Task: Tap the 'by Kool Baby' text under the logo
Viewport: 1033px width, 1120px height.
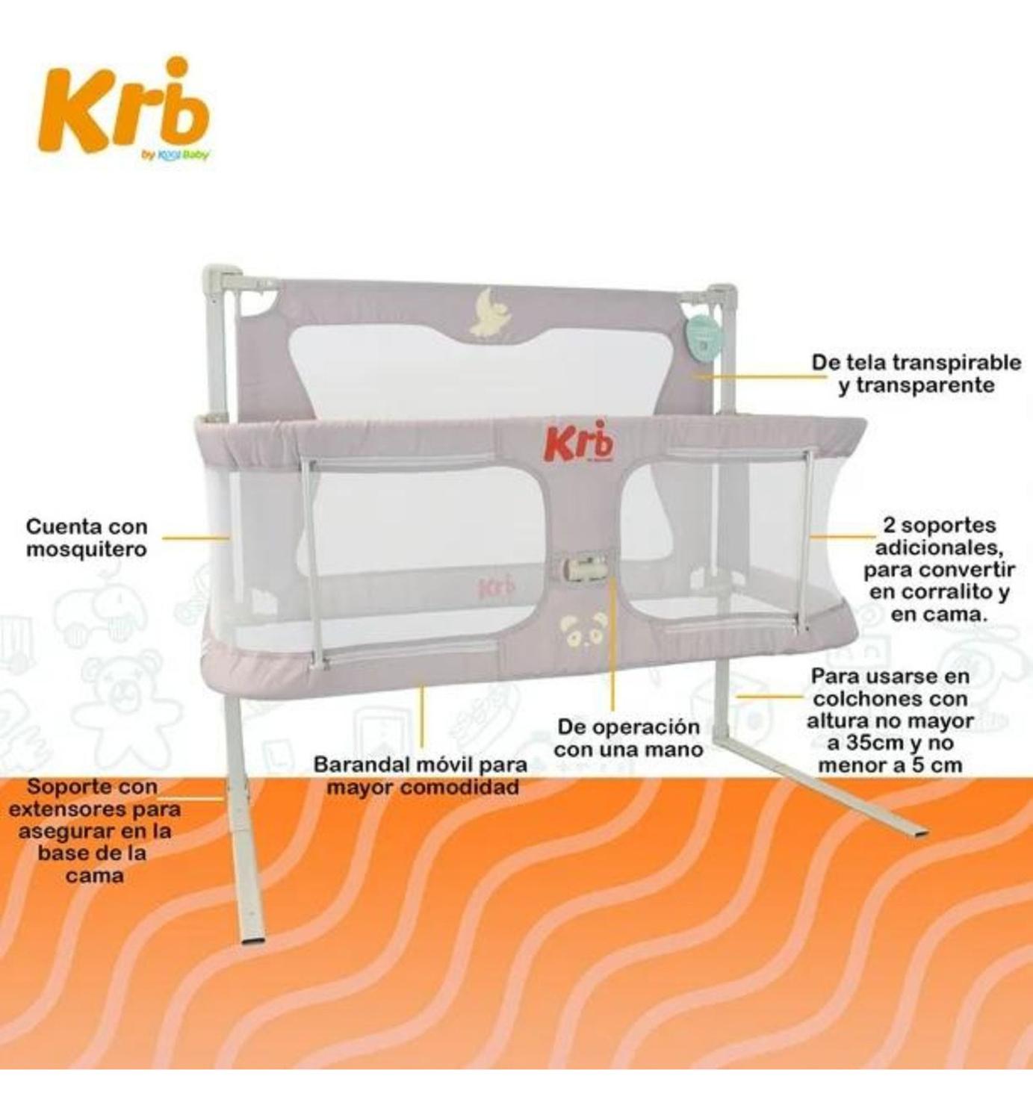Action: (x=174, y=154)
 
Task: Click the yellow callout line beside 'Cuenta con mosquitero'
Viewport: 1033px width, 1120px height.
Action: (x=196, y=538)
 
